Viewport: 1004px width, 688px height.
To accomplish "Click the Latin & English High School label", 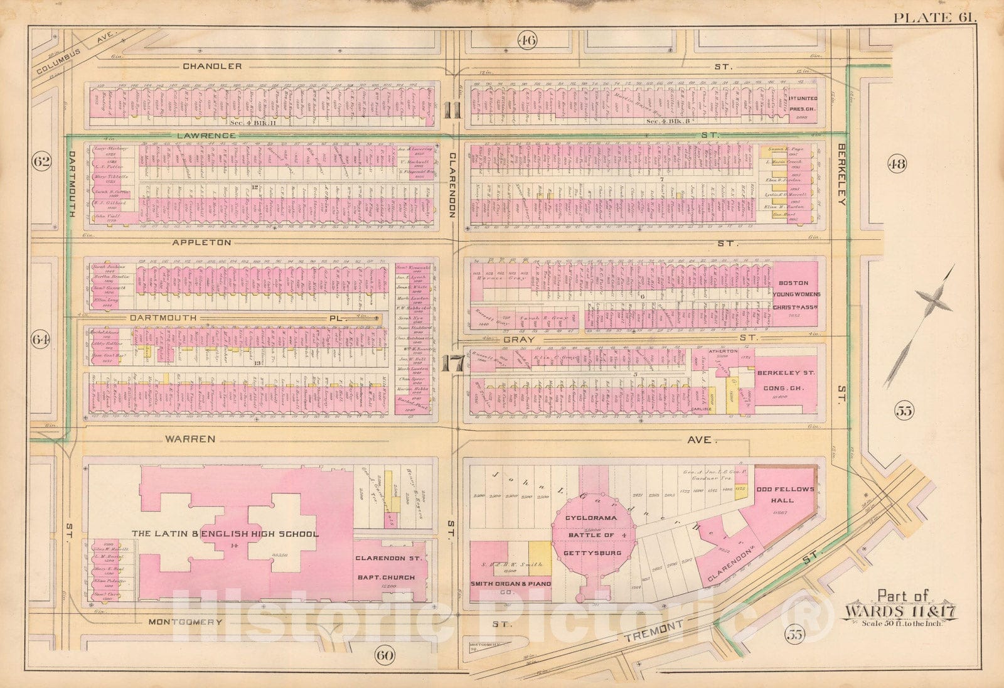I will click(225, 534).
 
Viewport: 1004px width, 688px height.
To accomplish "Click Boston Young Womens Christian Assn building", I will click(794, 293).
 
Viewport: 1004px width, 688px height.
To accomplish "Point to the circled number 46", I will click(526, 41).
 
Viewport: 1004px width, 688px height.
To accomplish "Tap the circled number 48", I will click(896, 164).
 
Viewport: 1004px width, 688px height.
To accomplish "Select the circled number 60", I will click(383, 656).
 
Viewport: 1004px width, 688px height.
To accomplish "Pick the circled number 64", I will click(41, 340).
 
